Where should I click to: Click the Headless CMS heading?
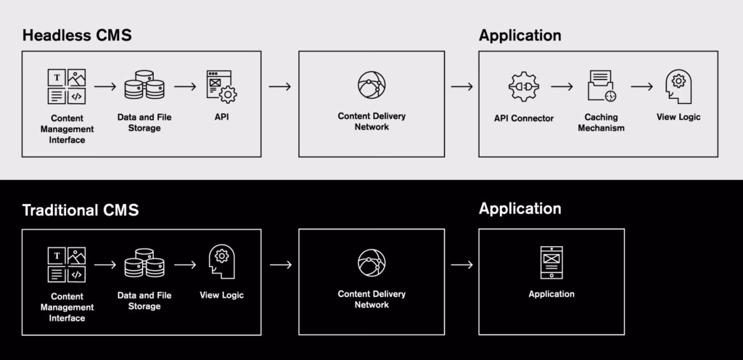77,36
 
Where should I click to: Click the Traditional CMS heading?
81,210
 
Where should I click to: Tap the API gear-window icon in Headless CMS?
222,86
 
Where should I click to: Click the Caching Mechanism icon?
602,86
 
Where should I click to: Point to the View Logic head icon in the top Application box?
678,86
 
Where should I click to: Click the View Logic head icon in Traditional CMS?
222,263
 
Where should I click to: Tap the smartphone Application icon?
551,263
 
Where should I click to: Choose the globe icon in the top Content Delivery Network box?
371,86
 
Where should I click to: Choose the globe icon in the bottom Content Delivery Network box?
371,263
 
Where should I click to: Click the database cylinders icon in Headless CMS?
144,86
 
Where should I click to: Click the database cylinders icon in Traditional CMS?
144,263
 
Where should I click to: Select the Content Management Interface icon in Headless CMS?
67,86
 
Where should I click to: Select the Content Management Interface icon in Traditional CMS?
67,264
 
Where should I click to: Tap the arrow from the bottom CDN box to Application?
461,264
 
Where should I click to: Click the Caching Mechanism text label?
601,122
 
